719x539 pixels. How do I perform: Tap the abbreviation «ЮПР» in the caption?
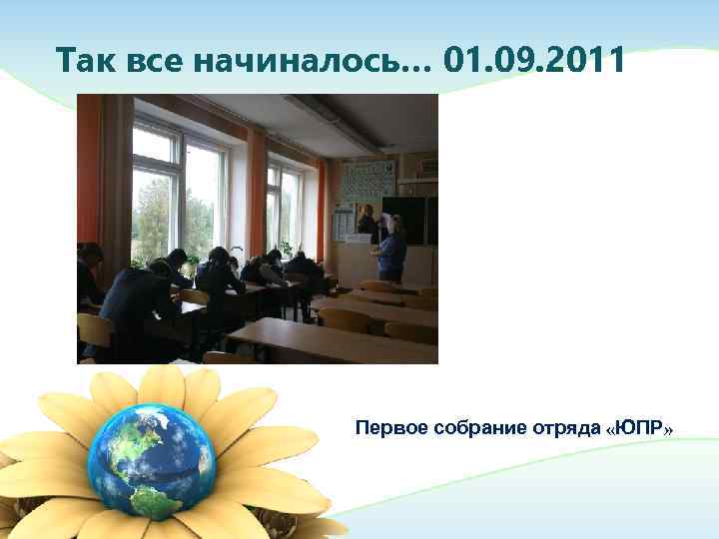(x=639, y=428)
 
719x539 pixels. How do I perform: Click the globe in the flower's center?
(x=150, y=460)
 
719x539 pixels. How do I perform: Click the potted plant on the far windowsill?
(x=286, y=247)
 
